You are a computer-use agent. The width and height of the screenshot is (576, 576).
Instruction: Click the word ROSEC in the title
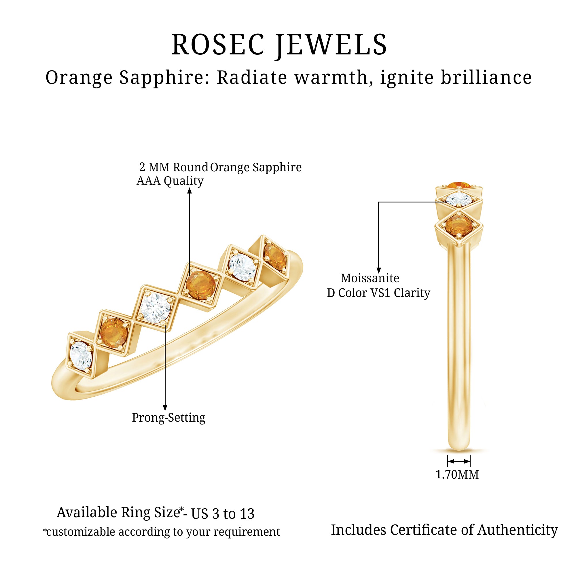218,45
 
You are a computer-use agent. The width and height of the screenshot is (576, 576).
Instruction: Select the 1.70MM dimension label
457,474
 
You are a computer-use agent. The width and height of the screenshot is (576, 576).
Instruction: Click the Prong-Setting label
168,418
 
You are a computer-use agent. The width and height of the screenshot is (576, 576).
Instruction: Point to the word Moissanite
370,278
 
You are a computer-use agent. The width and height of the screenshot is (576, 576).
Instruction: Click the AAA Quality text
170,181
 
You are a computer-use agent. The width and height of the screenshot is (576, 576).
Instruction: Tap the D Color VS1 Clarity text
378,293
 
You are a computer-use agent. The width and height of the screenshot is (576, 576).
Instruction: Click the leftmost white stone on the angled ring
81,356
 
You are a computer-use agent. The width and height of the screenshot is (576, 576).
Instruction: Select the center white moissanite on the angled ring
155,308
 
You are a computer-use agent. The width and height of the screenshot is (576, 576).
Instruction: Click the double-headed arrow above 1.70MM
459,461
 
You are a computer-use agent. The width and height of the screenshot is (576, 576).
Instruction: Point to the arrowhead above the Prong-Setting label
165,408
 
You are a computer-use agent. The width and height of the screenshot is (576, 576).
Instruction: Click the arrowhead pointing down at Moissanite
379,270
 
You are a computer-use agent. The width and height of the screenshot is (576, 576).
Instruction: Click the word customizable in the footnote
81,532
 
